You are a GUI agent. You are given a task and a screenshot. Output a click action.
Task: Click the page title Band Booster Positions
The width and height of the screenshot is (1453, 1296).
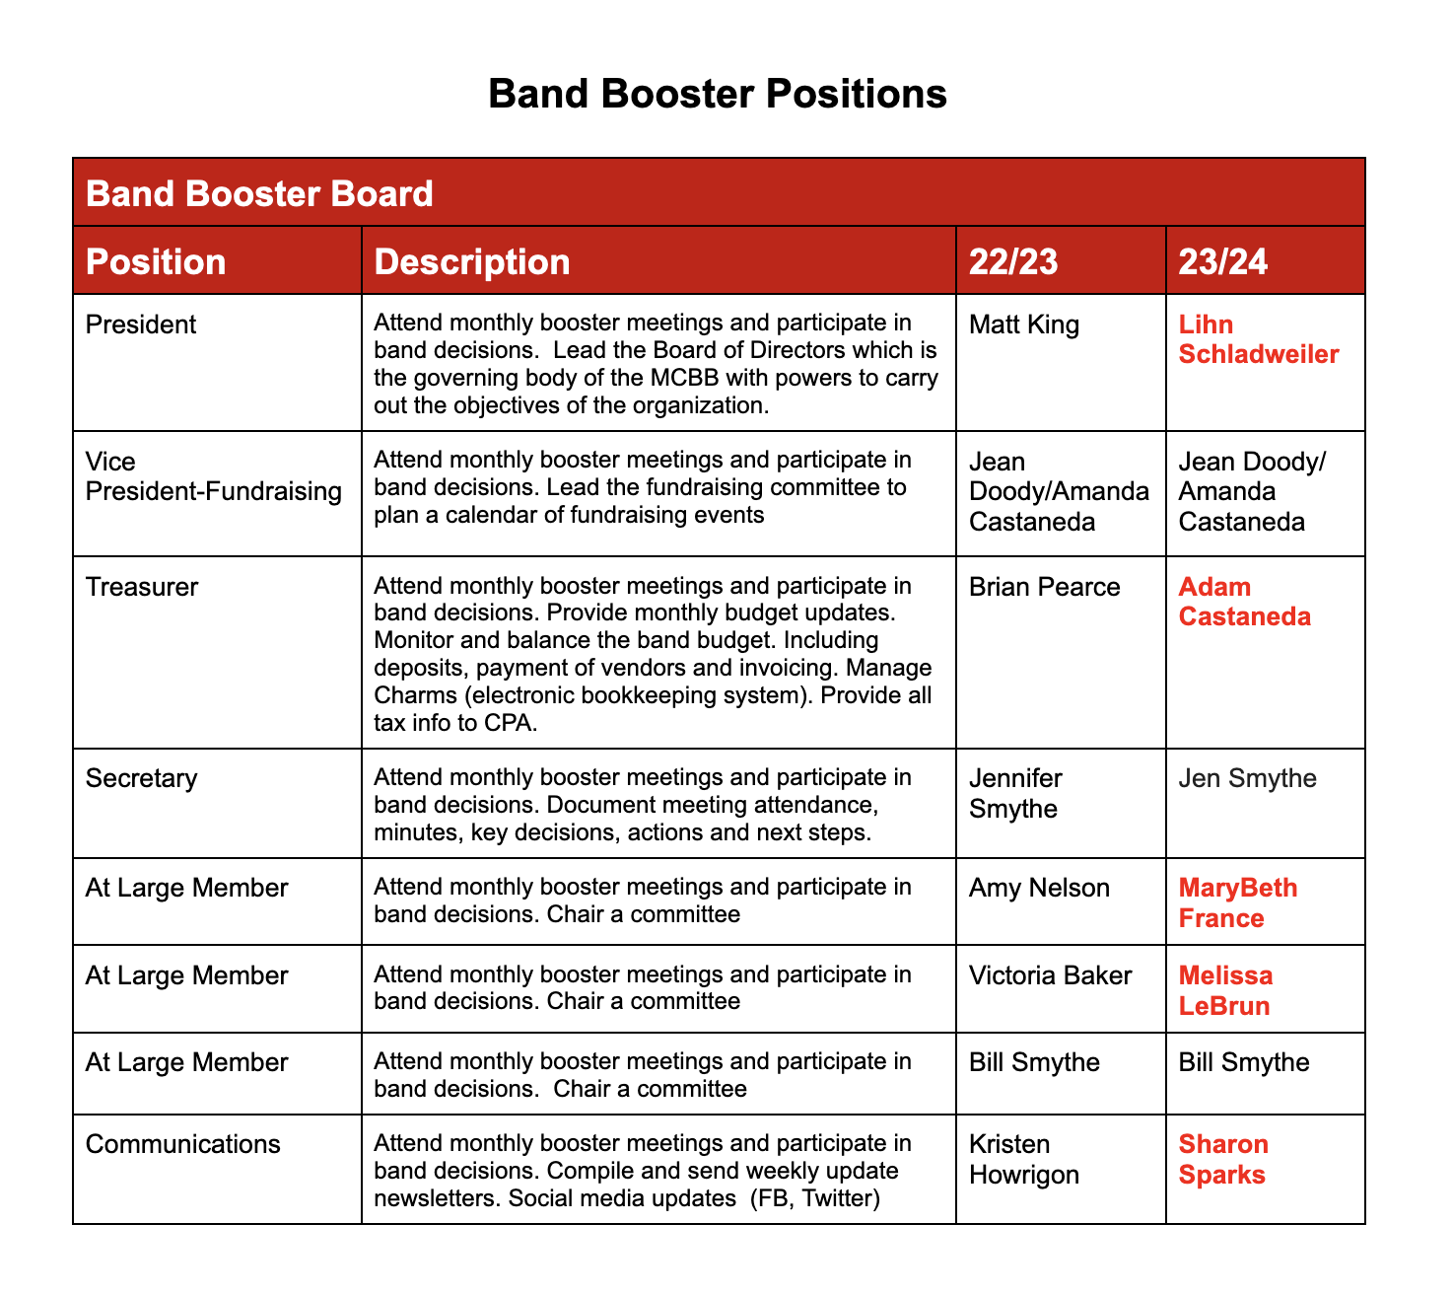tap(717, 95)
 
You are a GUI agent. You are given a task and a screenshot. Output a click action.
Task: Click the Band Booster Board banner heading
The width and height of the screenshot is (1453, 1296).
tap(259, 193)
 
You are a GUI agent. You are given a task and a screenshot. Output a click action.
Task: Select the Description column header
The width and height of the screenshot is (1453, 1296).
tap(472, 261)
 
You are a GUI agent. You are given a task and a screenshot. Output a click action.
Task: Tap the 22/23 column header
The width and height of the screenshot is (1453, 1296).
tap(1013, 261)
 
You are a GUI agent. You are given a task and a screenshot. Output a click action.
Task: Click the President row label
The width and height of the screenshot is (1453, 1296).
tap(141, 324)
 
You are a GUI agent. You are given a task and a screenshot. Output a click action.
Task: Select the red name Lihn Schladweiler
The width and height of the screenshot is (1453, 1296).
tap(1259, 339)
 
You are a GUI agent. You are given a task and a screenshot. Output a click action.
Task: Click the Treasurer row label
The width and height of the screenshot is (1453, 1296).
tap(142, 587)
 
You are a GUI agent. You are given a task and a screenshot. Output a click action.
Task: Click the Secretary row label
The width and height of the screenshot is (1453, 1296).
tap(142, 778)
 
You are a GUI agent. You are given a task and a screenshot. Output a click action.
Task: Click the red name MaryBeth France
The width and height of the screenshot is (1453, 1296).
tap(1238, 902)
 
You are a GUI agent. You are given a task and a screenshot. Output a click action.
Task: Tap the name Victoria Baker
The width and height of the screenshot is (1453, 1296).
tap(1051, 975)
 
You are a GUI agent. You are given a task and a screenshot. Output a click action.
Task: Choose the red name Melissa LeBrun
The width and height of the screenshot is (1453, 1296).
tap(1226, 990)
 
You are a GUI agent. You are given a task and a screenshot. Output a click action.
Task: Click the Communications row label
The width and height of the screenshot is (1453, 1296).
tap(183, 1144)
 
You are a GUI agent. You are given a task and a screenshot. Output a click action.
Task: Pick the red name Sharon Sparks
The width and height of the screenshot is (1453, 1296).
tap(1224, 1159)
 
